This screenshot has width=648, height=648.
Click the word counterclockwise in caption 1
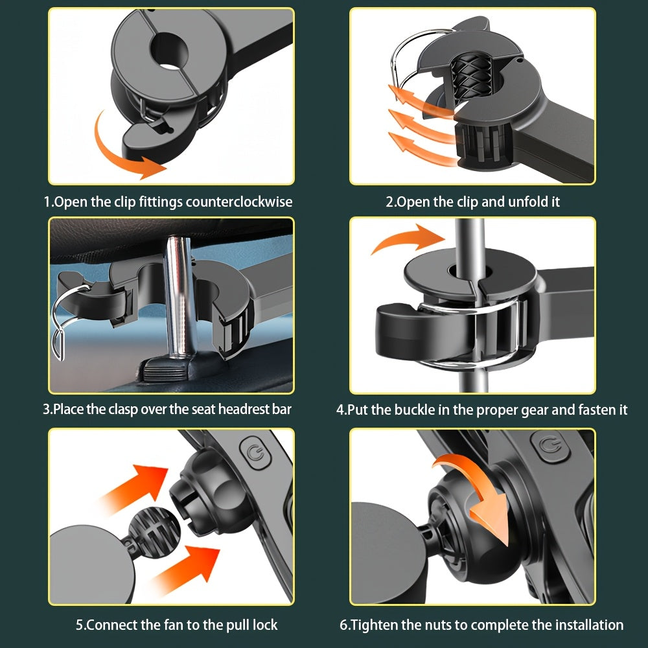coord(239,202)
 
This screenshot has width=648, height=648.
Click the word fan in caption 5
coord(183,625)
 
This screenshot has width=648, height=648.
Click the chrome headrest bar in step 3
coord(179,298)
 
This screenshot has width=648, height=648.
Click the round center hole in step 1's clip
coord(169,51)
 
